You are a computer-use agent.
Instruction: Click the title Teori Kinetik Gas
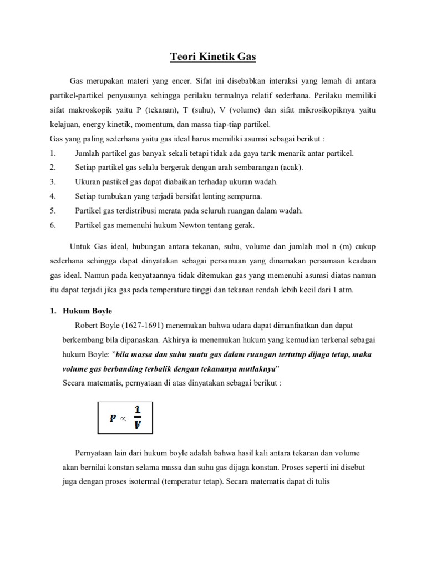click(213, 57)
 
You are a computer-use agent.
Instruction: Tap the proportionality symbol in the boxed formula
click(123, 419)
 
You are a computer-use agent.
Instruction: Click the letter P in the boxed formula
click(113, 419)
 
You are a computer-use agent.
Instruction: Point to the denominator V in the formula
click(137, 426)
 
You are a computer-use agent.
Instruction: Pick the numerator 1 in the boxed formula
click(137, 411)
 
